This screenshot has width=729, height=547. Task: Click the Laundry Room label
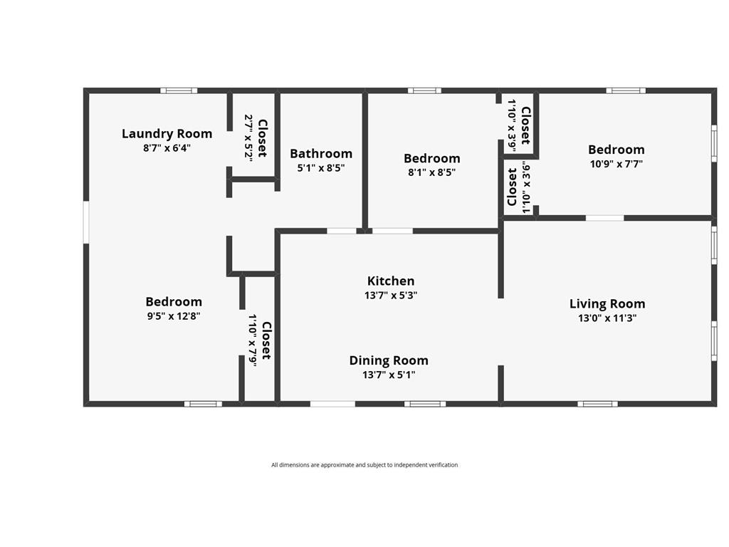click(167, 134)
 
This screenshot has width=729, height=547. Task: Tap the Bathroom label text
click(321, 154)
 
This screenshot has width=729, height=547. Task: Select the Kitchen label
click(391, 281)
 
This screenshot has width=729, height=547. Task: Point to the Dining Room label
click(389, 360)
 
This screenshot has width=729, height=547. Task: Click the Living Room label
click(607, 304)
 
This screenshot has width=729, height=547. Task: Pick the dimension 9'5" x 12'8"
click(174, 316)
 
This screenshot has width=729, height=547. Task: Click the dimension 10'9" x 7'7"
click(617, 164)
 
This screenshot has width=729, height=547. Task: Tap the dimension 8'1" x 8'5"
click(432, 172)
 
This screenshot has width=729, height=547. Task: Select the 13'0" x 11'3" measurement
click(607, 318)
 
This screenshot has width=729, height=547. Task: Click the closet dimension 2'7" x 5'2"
click(248, 138)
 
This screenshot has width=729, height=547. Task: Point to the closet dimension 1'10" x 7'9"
click(253, 340)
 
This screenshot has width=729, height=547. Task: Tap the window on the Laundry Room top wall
click(179, 90)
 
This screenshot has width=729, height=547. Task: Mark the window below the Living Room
click(598, 404)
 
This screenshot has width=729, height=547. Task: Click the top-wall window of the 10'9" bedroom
click(626, 90)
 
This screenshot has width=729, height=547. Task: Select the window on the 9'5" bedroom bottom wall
click(203, 404)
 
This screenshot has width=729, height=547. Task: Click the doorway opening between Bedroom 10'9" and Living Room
click(604, 218)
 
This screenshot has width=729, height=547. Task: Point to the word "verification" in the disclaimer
click(441, 464)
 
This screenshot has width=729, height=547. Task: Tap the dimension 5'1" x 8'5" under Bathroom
click(321, 168)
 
